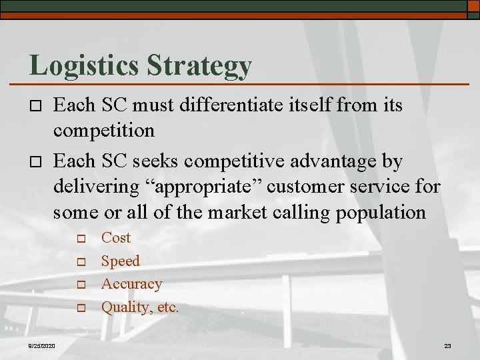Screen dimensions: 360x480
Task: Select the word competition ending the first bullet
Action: pos(103,130)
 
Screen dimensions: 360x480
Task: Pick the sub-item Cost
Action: pos(115,238)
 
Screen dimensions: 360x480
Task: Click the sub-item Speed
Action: pos(120,261)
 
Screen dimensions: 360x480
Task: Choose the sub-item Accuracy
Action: pos(131,284)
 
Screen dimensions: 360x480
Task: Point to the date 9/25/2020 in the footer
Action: pos(42,345)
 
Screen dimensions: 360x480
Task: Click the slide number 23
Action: pos(447,345)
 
